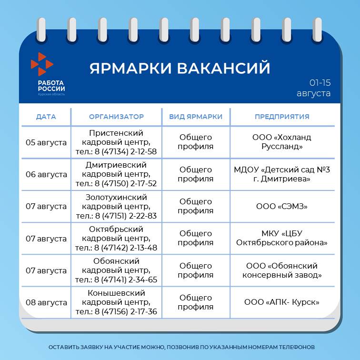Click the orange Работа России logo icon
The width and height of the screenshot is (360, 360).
point(42,64)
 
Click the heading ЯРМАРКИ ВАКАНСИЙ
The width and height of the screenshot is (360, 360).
point(180,68)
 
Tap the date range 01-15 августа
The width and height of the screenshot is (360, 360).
point(314,88)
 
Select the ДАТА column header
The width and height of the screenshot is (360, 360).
point(46,117)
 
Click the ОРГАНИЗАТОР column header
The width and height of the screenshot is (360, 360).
point(116,117)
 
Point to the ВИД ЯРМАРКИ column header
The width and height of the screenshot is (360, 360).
point(196,117)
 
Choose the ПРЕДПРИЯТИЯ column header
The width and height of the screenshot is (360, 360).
point(282,117)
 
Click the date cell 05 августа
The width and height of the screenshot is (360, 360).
point(46,142)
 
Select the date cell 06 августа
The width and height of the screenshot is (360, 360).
point(46,174)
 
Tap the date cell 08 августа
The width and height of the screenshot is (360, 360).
point(46,302)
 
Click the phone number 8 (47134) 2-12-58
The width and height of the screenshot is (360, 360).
point(126,151)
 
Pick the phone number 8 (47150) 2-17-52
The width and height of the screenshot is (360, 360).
point(126,184)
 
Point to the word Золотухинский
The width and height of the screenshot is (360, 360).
point(116,197)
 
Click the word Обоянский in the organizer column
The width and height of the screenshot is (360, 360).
point(116,261)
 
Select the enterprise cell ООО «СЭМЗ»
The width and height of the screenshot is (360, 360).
point(282,206)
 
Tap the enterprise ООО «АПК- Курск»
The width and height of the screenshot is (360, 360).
point(282,302)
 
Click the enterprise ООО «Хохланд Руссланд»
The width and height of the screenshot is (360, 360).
point(282,142)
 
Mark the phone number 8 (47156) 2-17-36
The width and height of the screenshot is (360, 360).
point(126,311)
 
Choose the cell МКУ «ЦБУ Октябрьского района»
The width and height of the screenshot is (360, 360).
point(282,238)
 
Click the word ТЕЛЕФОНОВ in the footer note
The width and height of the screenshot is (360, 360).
point(297,347)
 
